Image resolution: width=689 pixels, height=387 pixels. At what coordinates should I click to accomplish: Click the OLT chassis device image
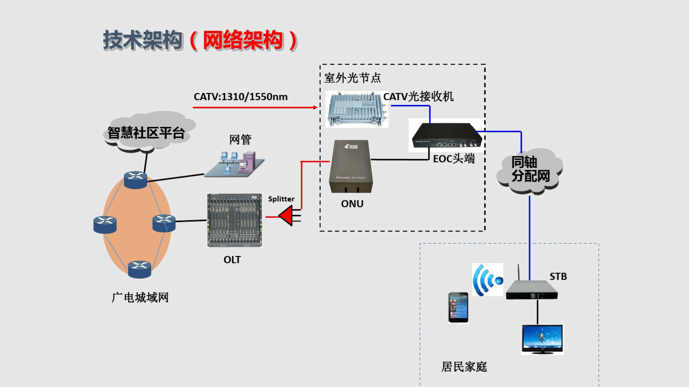234,220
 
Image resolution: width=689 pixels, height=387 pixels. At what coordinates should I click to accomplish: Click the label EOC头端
454,159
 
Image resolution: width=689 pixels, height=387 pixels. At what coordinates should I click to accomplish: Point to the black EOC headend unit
447,136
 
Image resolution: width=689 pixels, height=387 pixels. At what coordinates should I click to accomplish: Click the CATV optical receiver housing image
356,110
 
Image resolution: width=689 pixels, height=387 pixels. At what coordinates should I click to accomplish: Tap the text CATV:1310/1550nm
240,97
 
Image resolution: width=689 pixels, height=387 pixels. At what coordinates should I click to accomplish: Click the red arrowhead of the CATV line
315,107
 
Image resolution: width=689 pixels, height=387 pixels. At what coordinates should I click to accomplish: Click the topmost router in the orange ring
135,180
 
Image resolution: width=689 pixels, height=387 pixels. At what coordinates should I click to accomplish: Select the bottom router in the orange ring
139,269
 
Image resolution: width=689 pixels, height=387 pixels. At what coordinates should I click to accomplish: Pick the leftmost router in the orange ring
105,224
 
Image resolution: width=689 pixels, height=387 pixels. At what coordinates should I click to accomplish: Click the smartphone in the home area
458,308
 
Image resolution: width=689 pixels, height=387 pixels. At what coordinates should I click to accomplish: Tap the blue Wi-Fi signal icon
487,280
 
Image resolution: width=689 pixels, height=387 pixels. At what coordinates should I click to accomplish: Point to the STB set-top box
531,290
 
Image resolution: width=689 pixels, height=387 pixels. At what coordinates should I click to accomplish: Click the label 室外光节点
352,78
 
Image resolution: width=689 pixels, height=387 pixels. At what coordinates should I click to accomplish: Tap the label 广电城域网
140,298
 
